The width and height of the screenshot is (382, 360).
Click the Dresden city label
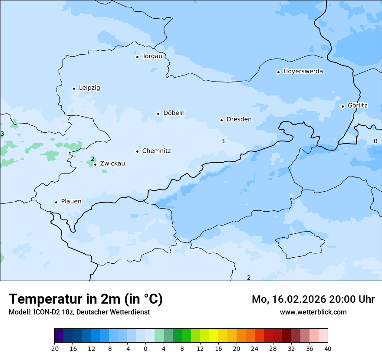[239, 119]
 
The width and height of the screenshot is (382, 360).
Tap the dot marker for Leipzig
[74, 88]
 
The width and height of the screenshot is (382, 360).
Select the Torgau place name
[152, 56]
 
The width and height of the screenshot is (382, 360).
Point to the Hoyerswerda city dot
[278, 72]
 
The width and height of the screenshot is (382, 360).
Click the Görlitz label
[357, 105]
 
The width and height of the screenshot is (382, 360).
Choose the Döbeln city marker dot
[158, 114]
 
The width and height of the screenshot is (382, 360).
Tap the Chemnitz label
[156, 151]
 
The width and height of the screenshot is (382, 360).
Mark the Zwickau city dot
[95, 164]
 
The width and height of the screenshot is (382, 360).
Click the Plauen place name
[71, 201]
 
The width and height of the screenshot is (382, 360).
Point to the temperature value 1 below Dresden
[224, 141]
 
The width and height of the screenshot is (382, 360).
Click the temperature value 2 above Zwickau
[92, 159]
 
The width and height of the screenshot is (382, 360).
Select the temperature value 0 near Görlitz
[375, 141]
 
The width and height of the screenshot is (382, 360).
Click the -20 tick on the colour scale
[54, 348]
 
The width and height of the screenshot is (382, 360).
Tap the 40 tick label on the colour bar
[328, 348]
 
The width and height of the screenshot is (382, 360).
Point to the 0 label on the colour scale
[145, 348]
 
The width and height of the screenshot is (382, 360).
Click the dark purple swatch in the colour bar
[59, 336]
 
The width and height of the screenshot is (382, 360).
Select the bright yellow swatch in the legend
[214, 336]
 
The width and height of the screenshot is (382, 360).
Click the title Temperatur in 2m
[86, 299]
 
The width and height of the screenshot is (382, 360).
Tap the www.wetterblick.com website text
[313, 312]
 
